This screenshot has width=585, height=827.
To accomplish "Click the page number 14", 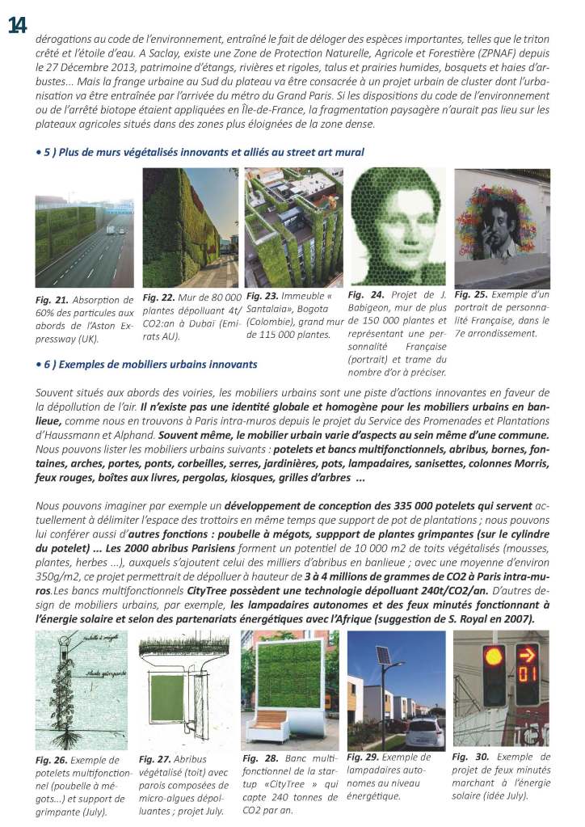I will click(17, 25).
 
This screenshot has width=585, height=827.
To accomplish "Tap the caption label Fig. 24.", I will click(366, 296).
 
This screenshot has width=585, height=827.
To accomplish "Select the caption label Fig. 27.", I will click(155, 759).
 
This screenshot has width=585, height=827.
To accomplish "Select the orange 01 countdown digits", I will click(528, 694).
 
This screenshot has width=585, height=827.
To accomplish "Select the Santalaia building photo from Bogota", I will click(292, 227).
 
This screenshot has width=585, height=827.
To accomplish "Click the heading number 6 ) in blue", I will click(48, 364).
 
